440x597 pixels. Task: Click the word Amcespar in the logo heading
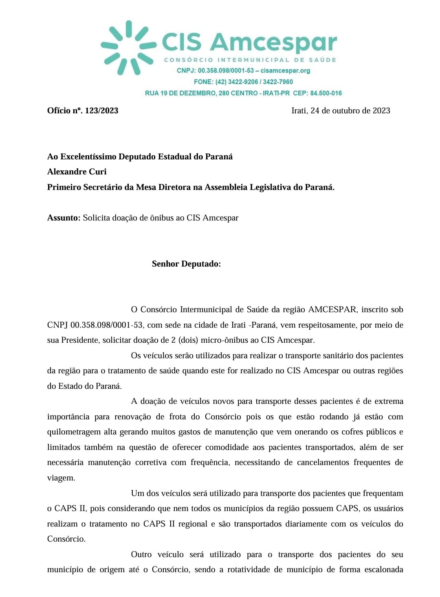point(273,42)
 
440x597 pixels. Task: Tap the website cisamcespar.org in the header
point(285,70)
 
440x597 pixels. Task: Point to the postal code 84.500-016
point(326,93)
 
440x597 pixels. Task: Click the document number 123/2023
point(101,110)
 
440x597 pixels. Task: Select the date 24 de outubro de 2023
point(350,110)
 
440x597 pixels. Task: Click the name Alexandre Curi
point(77,172)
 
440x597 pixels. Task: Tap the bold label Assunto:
point(64,218)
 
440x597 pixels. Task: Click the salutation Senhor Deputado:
point(186,264)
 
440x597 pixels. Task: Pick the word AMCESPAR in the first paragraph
point(332,309)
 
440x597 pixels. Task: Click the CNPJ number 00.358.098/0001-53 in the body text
point(106,325)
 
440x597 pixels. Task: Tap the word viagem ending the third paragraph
point(61,478)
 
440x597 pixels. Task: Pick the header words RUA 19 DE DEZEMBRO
point(180,93)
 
